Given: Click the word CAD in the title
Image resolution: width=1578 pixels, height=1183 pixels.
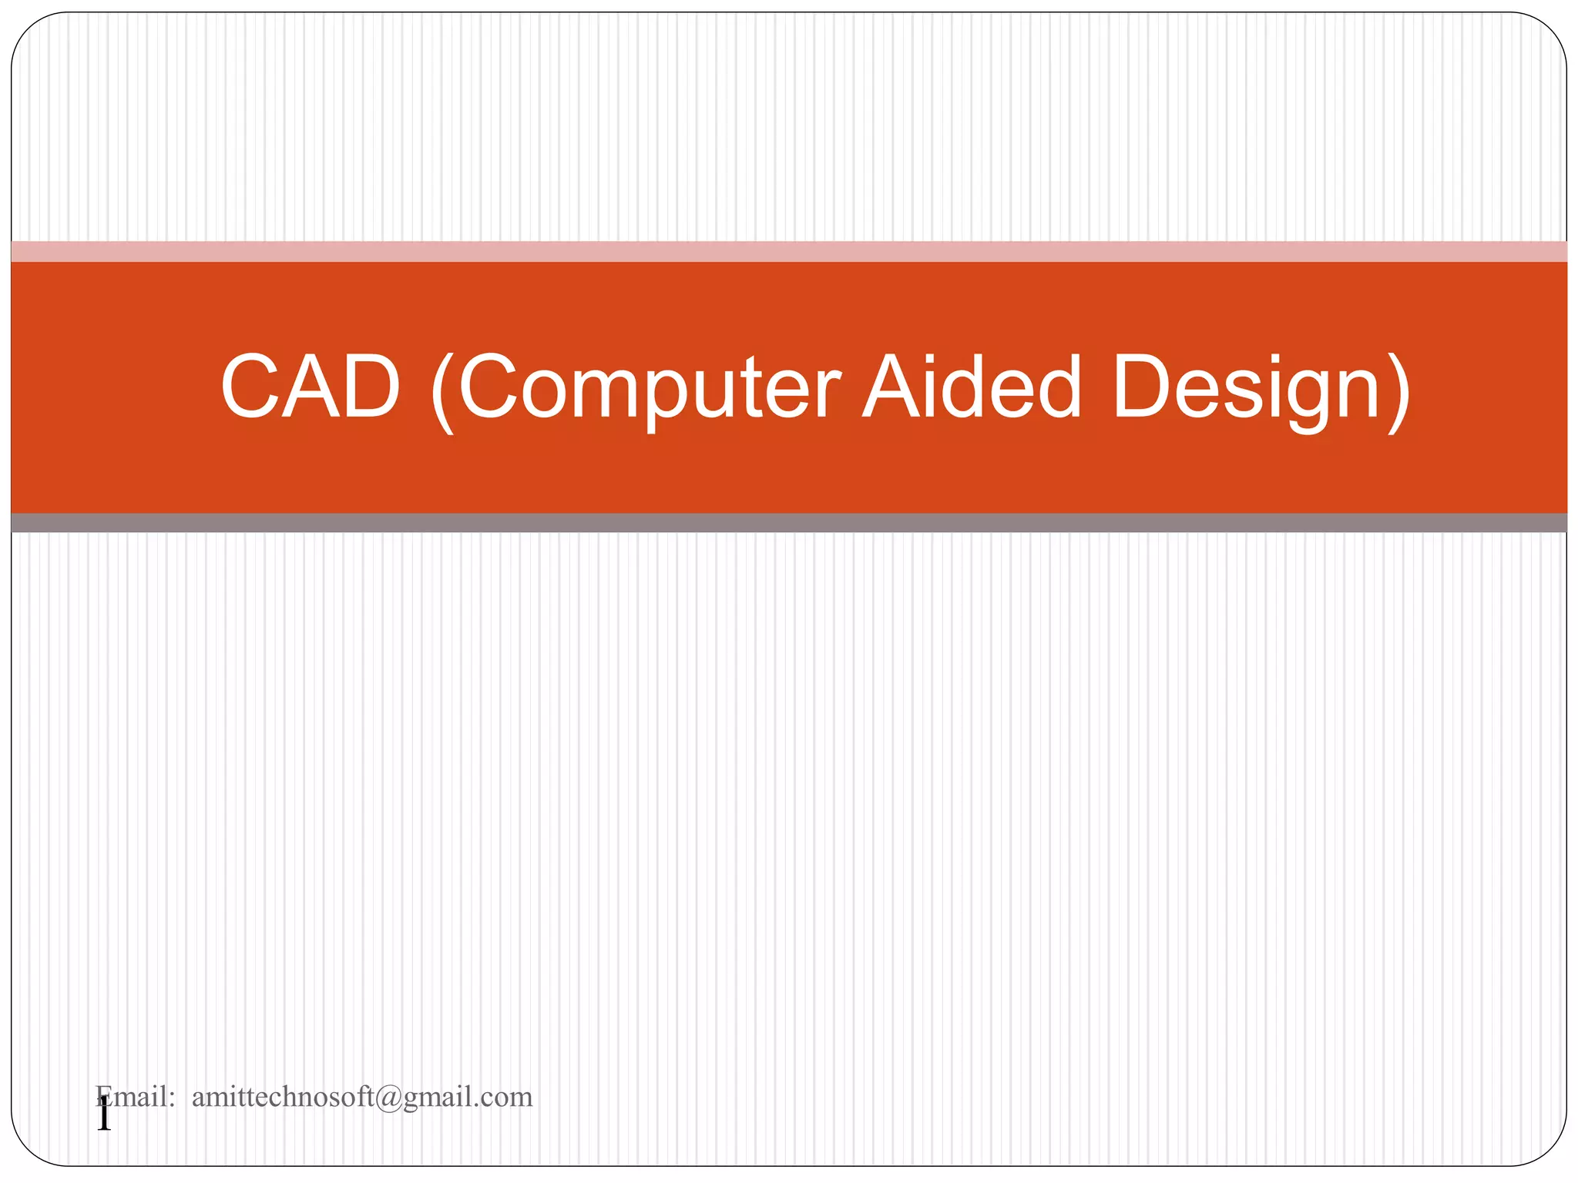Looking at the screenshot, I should tap(311, 387).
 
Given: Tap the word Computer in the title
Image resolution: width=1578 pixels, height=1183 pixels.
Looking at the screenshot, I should tap(650, 387).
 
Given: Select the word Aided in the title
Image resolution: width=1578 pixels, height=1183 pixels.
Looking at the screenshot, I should tap(972, 387).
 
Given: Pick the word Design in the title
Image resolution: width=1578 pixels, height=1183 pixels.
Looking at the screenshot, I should tap(1246, 387).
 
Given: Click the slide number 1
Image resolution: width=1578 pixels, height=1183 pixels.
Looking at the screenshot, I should tap(104, 1116).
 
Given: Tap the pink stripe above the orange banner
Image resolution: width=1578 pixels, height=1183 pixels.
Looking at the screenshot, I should tap(789, 251).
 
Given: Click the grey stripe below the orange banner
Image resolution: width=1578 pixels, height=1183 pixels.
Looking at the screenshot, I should tap(789, 523).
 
